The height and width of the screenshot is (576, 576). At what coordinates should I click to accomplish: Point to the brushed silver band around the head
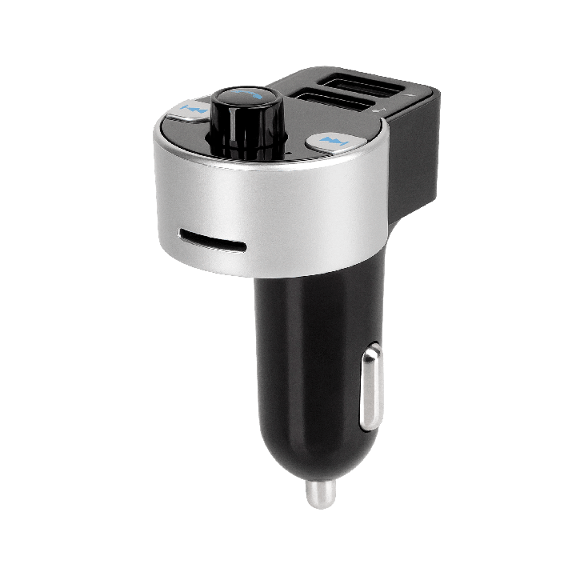click(272, 208)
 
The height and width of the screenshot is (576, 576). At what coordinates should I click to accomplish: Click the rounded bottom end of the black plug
click(316, 464)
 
